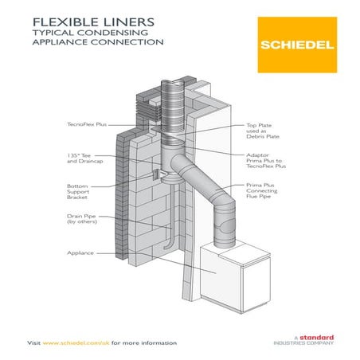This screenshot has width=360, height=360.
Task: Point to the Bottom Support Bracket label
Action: click(x=83, y=190)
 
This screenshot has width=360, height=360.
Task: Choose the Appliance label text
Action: click(x=80, y=252)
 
